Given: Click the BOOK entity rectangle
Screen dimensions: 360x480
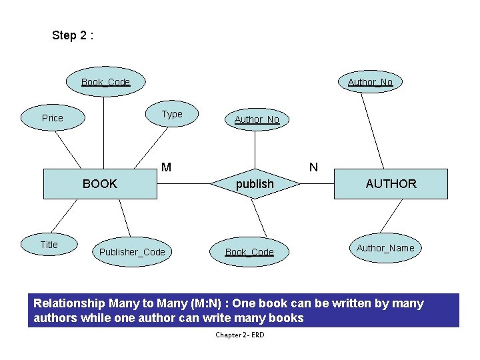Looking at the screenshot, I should click(100, 184).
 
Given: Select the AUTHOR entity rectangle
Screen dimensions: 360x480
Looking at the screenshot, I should click(390, 184).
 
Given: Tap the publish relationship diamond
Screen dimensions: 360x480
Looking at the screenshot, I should click(255, 184).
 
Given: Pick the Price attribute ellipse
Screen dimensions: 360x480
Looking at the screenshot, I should click(52, 118).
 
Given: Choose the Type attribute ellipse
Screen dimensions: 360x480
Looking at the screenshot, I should click(172, 114).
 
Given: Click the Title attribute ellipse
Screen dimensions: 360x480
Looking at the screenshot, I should click(49, 245).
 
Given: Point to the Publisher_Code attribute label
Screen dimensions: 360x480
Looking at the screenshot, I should click(132, 252).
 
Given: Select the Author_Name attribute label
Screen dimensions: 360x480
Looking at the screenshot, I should click(385, 248).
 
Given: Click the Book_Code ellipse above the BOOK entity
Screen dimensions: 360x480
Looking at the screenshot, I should click(105, 82).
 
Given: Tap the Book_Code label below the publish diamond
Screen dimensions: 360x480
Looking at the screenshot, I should click(249, 252).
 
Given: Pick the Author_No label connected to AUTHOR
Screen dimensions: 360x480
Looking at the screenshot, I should click(370, 82).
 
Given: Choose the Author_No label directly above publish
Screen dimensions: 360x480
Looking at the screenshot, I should click(257, 119).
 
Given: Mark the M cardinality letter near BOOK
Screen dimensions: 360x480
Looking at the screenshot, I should click(166, 167).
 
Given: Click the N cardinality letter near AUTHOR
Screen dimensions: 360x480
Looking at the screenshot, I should click(313, 167).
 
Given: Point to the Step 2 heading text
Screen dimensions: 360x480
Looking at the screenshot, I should click(73, 36).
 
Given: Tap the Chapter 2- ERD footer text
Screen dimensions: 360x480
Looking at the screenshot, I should click(239, 335).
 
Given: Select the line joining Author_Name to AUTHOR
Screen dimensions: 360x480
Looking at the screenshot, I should click(392, 217).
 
